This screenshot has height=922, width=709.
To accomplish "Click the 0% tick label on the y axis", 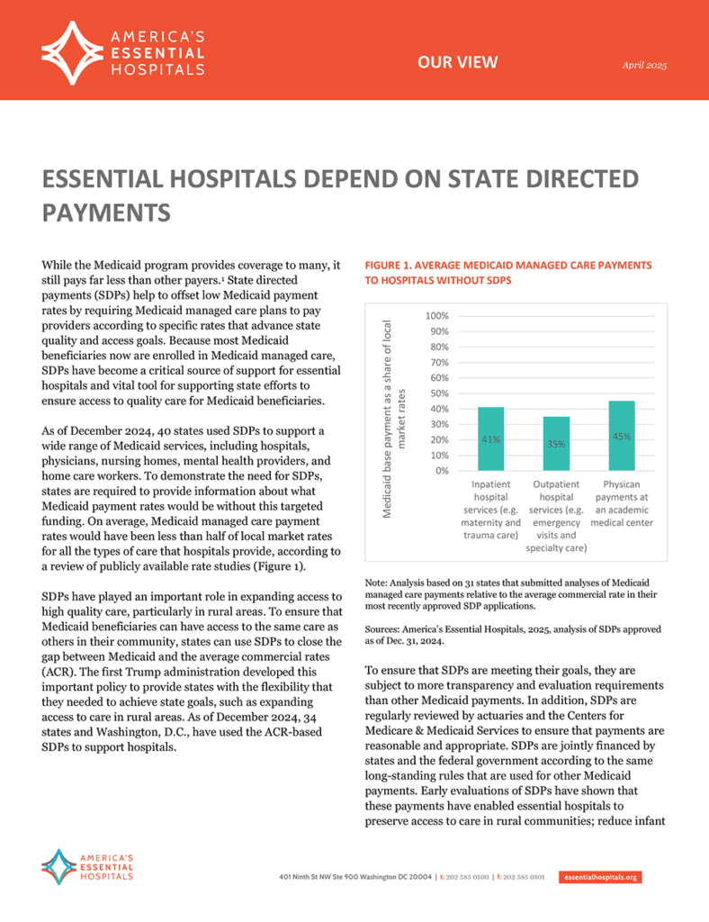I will (441, 470).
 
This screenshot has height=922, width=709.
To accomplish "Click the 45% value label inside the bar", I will (621, 437).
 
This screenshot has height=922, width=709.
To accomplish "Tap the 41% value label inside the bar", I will (490, 439).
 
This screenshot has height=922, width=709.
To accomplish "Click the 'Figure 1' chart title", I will (507, 273).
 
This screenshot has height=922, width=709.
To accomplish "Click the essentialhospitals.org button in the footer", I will (600, 877).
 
